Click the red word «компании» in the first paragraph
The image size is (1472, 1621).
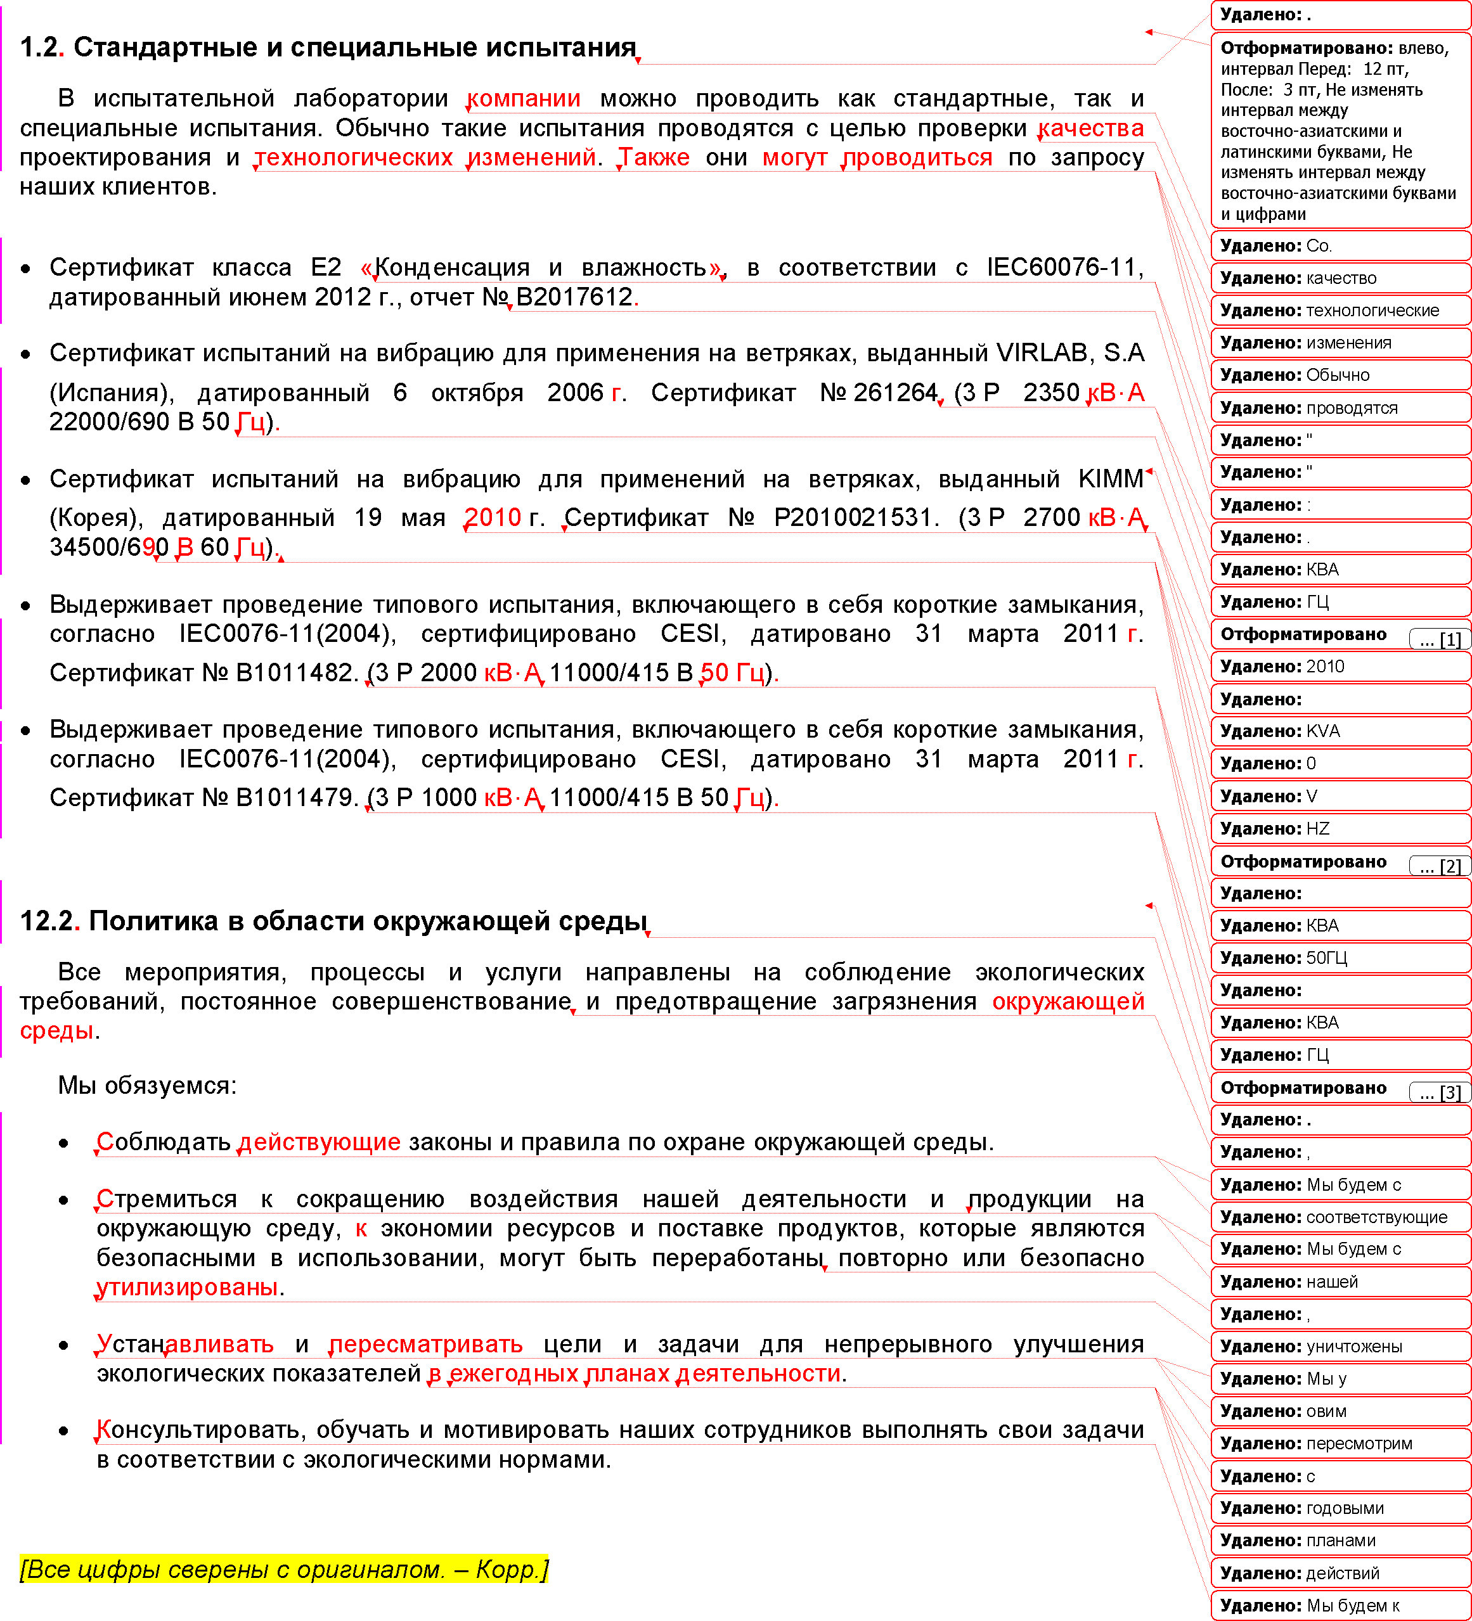(x=524, y=99)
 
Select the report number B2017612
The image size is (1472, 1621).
(x=574, y=297)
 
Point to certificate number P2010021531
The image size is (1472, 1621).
(x=856, y=518)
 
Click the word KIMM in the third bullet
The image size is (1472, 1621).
(x=1111, y=479)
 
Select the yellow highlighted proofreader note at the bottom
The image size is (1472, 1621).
(x=284, y=1570)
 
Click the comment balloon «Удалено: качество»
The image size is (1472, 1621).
(x=1340, y=278)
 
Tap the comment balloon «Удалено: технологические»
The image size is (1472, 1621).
(x=1340, y=311)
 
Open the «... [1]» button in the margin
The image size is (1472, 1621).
(x=1440, y=639)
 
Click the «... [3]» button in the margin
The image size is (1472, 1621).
(x=1440, y=1092)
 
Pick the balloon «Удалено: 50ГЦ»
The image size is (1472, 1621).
(x=1340, y=958)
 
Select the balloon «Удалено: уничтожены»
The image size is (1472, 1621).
(x=1340, y=1346)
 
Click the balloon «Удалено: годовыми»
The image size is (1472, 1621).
(x=1340, y=1508)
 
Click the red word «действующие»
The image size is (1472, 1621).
(x=320, y=1143)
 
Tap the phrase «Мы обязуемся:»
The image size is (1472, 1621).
(x=147, y=1086)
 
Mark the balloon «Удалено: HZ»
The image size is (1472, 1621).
(x=1340, y=828)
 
